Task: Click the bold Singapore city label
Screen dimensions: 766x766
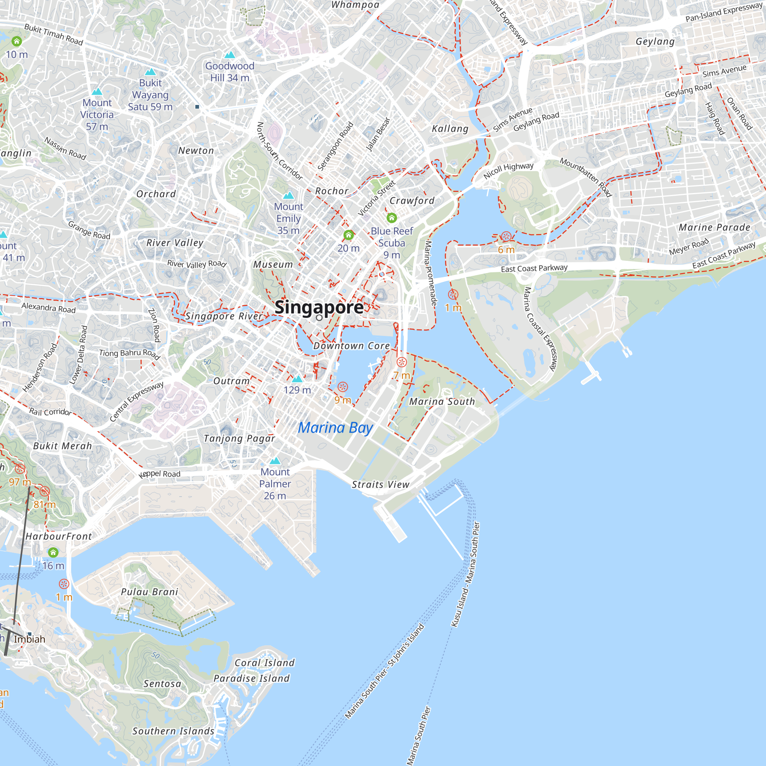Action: coord(319,307)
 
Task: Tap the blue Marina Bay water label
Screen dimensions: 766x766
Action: coord(336,428)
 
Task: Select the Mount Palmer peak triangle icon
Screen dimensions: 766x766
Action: coord(275,461)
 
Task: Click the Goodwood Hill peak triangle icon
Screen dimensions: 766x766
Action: coord(229,55)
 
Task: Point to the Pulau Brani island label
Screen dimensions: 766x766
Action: coord(149,592)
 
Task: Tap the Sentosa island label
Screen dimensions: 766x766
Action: coord(162,684)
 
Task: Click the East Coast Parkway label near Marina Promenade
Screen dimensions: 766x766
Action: coord(534,268)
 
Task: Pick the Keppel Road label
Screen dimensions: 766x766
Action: coord(159,474)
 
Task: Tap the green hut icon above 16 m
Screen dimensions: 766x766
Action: coord(53,552)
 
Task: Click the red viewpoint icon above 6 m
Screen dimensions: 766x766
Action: coord(506,237)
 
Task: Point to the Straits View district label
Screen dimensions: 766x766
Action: coord(381,484)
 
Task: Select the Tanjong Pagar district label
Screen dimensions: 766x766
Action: coord(239,439)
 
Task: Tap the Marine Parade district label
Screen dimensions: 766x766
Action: coord(714,228)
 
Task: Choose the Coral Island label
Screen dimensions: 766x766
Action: coord(264,663)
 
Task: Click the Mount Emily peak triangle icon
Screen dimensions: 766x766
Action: coord(288,195)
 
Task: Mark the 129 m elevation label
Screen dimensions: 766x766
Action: coord(297,390)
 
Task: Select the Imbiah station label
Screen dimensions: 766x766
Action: coord(30,640)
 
